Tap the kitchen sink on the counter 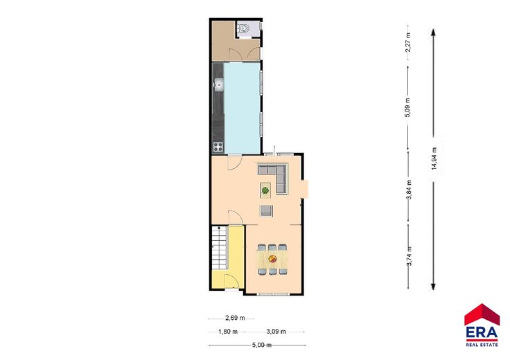click(219, 84)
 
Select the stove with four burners click(218, 147)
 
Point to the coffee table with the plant click(265, 190)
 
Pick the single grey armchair click(266, 211)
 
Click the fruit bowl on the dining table click(272, 259)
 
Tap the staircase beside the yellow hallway click(219, 248)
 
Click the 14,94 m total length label click(434, 159)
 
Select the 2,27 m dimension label click(409, 42)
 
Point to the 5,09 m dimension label click(409, 107)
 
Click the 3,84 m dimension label click(409, 190)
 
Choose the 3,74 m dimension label click(410, 256)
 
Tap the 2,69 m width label click(235, 318)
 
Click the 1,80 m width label click(228, 332)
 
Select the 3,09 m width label click(276, 332)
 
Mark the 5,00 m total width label click(262, 345)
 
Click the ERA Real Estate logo click(482, 325)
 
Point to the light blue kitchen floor click(243, 108)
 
